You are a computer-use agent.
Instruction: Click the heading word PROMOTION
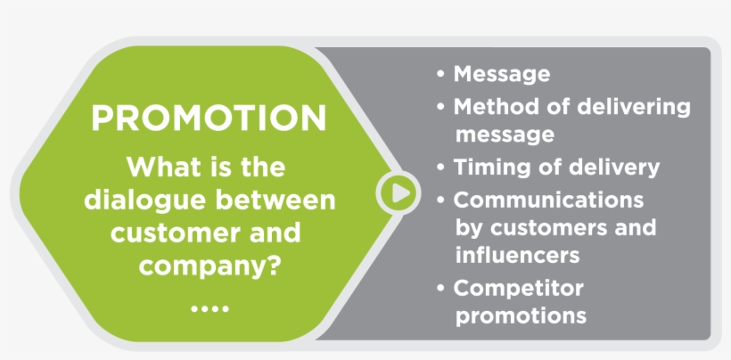[x=209, y=118]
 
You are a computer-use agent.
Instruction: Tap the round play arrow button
[x=398, y=192]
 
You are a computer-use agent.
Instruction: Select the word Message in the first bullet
[x=502, y=74]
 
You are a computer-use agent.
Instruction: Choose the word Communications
[x=549, y=200]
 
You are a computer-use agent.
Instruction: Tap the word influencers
[x=517, y=255]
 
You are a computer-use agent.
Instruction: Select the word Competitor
[x=519, y=289]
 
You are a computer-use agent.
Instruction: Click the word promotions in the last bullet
[x=521, y=316]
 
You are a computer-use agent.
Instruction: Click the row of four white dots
[x=209, y=308]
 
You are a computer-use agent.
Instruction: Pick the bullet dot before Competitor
[x=441, y=289]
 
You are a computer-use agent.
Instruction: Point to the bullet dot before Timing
[x=441, y=168]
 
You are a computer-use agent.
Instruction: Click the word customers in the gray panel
[x=550, y=228]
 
